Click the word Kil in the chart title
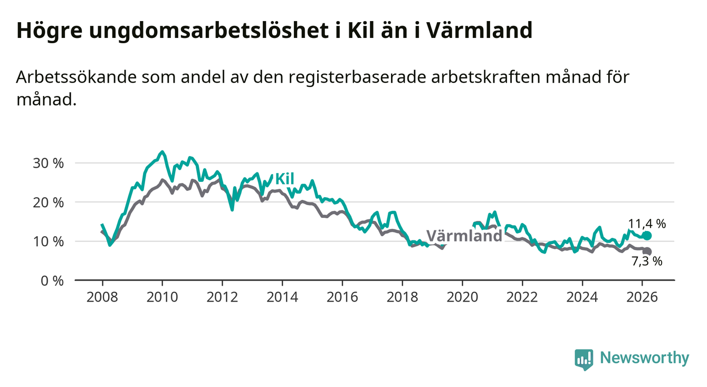[362, 31]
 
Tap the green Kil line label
[284, 179]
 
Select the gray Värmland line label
[464, 236]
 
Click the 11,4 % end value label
[647, 224]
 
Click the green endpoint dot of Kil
[647, 236]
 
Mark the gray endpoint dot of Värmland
[647, 251]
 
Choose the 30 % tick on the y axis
[49, 163]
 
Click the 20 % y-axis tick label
[49, 202]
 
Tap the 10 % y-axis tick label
[49, 241]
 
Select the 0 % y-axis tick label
[52, 280]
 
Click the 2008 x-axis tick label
[102, 297]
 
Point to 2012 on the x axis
[222, 297]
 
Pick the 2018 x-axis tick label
[402, 297]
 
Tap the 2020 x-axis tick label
[462, 297]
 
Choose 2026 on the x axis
[642, 297]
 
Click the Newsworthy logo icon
[584, 359]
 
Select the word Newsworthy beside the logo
[644, 359]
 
